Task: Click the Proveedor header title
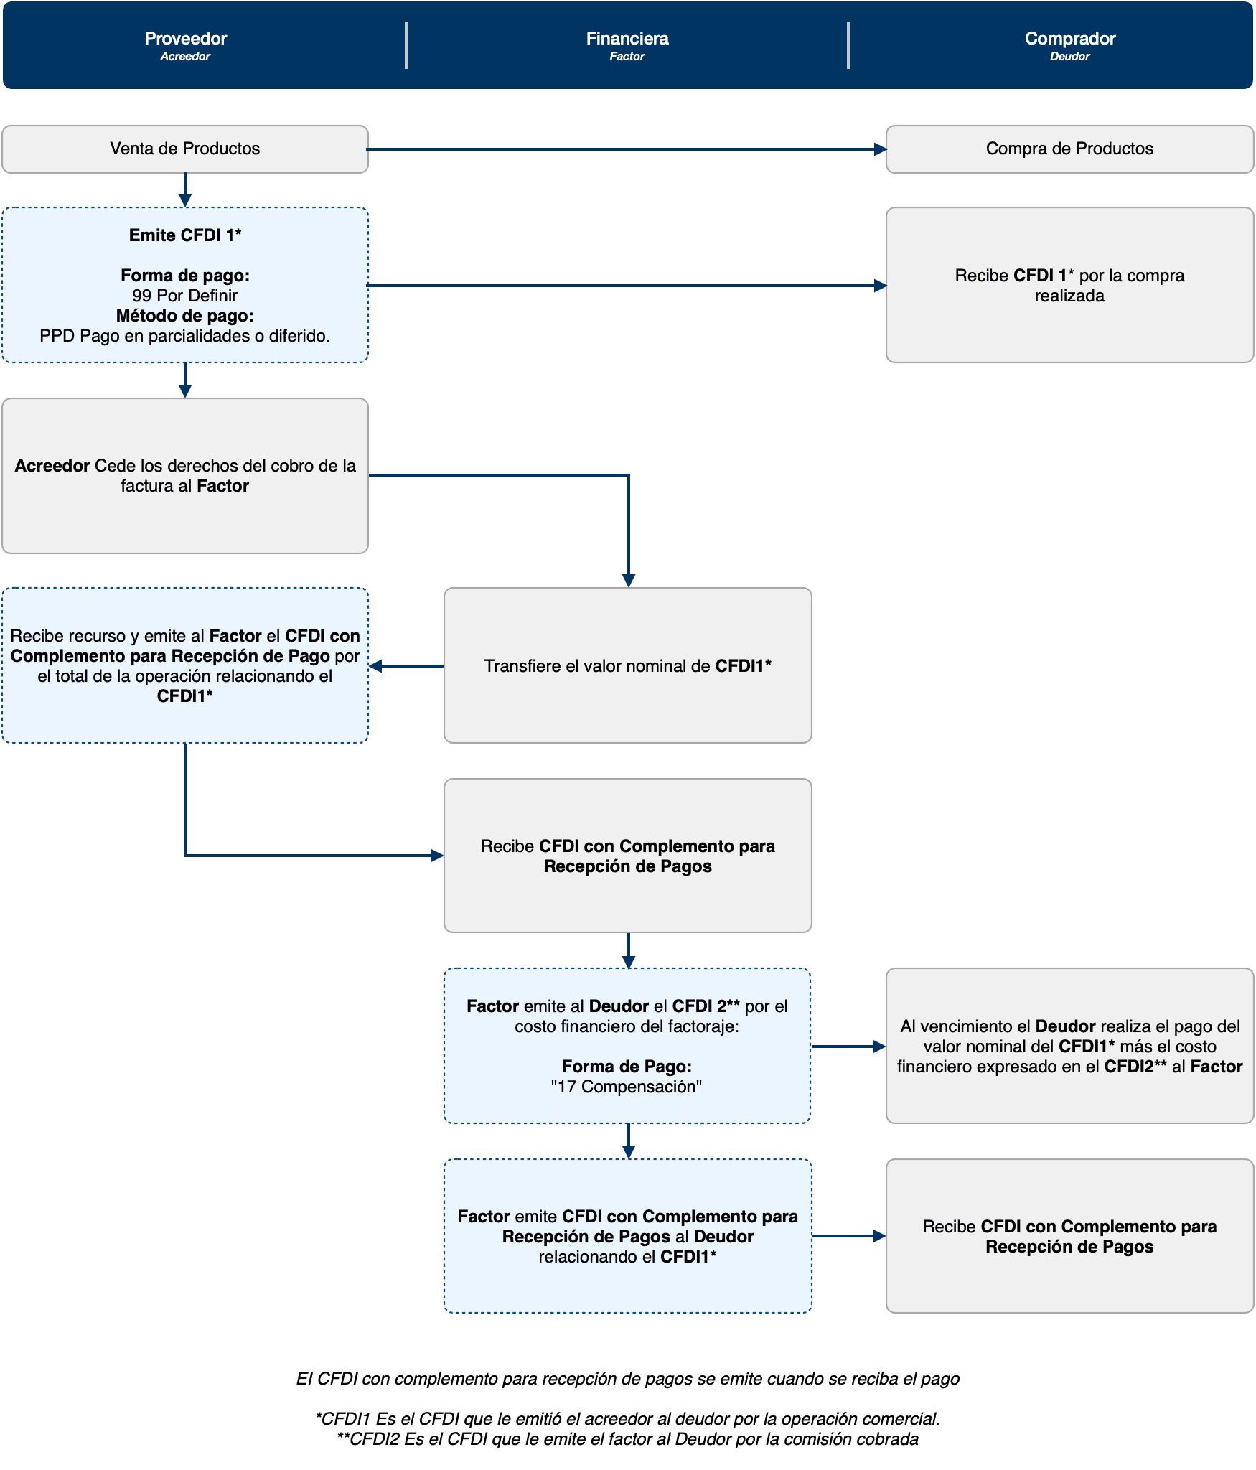coord(185,38)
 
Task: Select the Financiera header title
coord(627,38)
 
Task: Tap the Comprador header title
coord(1069,38)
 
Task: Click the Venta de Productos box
coord(185,149)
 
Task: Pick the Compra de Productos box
coord(1069,149)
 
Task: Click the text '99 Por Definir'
coord(185,296)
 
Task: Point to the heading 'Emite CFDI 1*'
coord(185,235)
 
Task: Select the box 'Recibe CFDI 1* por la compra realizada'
coord(1069,286)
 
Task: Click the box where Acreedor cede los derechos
coord(185,475)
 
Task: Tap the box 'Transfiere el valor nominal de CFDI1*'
coord(627,665)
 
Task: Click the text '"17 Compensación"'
coord(627,1087)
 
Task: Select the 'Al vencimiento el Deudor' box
coord(1069,1046)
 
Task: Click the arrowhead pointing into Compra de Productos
coord(880,149)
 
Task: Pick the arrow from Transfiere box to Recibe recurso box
coord(406,666)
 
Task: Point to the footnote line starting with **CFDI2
coord(627,1439)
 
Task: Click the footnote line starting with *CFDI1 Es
coord(627,1419)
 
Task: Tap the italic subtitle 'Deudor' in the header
coord(1069,57)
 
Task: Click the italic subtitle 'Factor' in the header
coord(627,57)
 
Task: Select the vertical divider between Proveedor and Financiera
coord(406,45)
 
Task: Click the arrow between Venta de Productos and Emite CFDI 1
coord(185,190)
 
